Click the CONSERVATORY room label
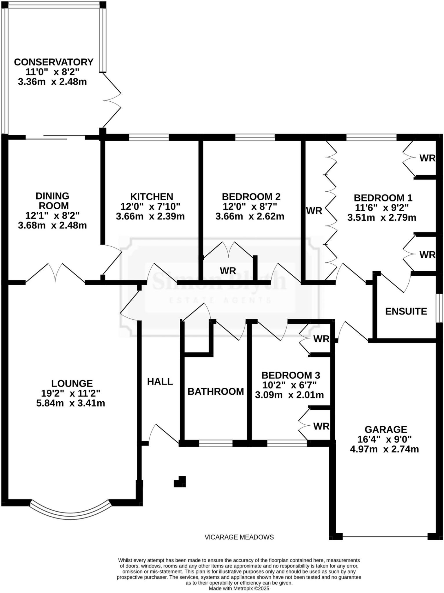click(54, 62)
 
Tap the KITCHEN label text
click(152, 197)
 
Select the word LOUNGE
click(72, 383)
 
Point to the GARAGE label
click(386, 429)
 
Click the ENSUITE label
click(406, 311)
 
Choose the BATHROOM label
click(216, 391)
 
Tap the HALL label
click(160, 382)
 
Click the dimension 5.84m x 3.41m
click(70, 403)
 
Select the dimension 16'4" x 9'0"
click(384, 439)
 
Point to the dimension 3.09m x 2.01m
click(289, 395)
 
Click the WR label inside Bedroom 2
click(228, 271)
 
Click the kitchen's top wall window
click(149, 137)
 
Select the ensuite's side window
click(440, 308)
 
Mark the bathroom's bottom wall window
click(216, 443)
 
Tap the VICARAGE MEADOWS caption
click(239, 537)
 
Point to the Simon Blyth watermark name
click(219, 281)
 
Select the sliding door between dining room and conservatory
click(55, 137)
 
